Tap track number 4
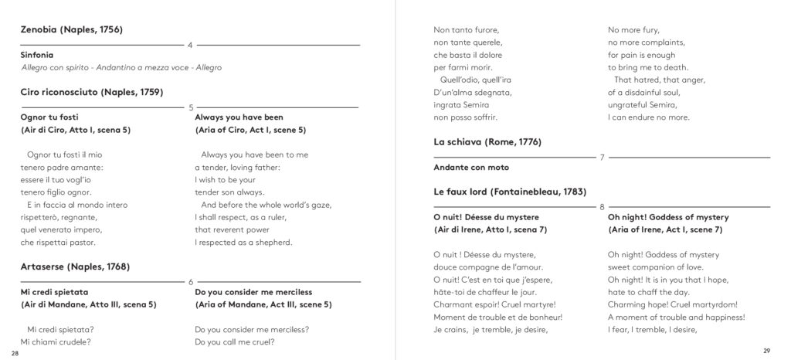[x=190, y=45]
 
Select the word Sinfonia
[x=37, y=55]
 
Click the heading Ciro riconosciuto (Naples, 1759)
[x=91, y=92]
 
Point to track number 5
[x=191, y=107]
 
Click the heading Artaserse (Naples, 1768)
[x=75, y=267]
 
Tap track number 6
[x=191, y=282]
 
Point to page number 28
[x=15, y=352]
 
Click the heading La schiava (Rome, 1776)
[x=487, y=142]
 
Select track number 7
[x=602, y=158]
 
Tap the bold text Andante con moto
[x=471, y=167]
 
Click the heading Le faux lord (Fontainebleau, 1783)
[x=510, y=192]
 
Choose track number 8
[x=602, y=207]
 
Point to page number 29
[x=767, y=351]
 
